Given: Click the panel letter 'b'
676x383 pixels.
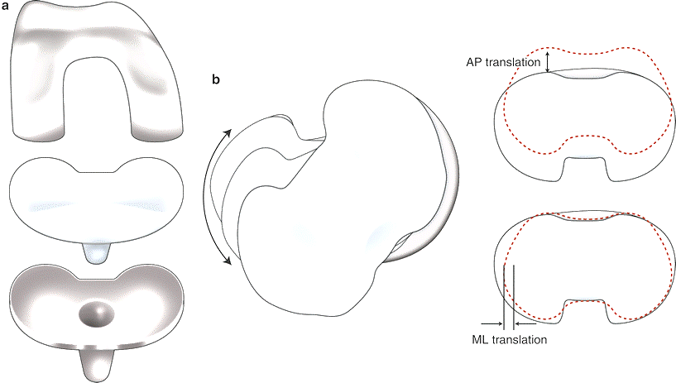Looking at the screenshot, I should tap(216, 80).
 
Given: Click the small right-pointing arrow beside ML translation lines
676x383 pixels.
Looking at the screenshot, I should tap(494, 323).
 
